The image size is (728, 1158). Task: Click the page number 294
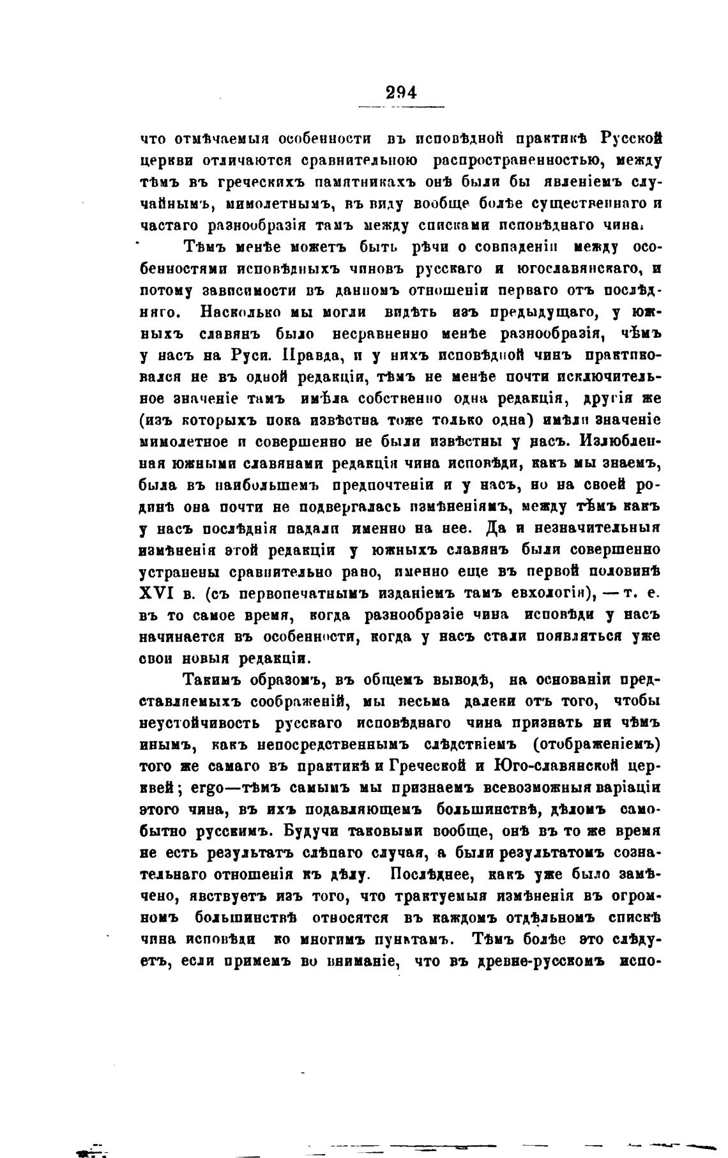(x=401, y=92)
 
